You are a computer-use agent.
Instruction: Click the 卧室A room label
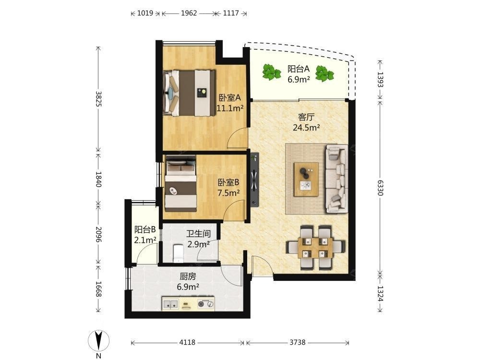click(229, 97)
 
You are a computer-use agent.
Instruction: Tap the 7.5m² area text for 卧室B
click(228, 193)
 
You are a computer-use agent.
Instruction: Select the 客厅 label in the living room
click(306, 117)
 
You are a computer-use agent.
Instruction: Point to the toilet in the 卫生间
click(178, 253)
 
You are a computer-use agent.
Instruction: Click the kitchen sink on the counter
click(170, 304)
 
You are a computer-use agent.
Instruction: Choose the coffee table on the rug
click(306, 179)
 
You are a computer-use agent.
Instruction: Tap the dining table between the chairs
click(315, 248)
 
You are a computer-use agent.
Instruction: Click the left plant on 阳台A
click(271, 72)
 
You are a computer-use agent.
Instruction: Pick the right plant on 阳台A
click(324, 73)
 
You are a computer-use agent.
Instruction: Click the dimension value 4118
click(187, 342)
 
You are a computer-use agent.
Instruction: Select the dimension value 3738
click(298, 342)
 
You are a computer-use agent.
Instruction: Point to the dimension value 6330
click(380, 187)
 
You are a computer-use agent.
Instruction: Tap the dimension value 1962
click(189, 13)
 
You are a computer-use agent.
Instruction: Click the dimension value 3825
click(98, 98)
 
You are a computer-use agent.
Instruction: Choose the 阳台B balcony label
click(145, 229)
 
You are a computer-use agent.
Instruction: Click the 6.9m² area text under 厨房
click(188, 287)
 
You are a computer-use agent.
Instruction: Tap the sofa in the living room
click(336, 179)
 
